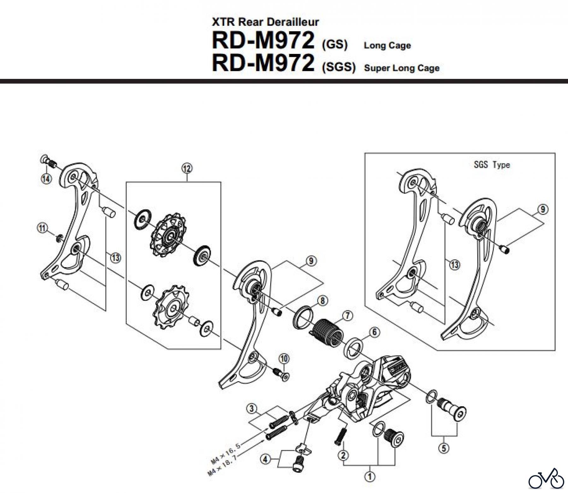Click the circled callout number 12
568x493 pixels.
point(186,168)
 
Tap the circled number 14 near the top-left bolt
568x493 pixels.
point(46,179)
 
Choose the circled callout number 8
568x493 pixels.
point(322,300)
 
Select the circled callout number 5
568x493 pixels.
point(444,448)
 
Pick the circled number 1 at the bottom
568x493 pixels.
point(370,476)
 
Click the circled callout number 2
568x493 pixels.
point(343,455)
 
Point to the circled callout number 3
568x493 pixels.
point(251,409)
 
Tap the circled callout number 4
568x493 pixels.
point(265,459)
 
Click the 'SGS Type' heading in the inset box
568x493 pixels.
point(492,165)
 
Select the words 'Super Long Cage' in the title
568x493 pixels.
point(401,68)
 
